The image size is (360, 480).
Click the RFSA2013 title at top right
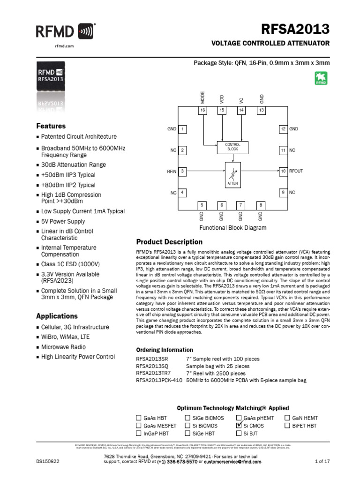point(299,30)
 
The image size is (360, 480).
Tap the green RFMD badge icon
point(321,78)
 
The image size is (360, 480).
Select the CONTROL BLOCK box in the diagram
point(232,147)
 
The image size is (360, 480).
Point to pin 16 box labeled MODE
point(202,110)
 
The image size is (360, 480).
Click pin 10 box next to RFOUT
point(283,171)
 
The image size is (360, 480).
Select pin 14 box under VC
point(241,110)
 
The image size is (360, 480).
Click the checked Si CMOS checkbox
point(240,426)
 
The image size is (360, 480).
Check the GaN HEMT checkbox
point(288,418)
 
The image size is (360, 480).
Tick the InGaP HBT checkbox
point(138,434)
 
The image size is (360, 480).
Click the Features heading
point(51,126)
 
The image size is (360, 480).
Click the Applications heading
point(57,316)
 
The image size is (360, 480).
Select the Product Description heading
point(169,242)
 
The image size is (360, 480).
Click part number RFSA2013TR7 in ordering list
point(153,373)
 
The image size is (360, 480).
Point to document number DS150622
point(48,462)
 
